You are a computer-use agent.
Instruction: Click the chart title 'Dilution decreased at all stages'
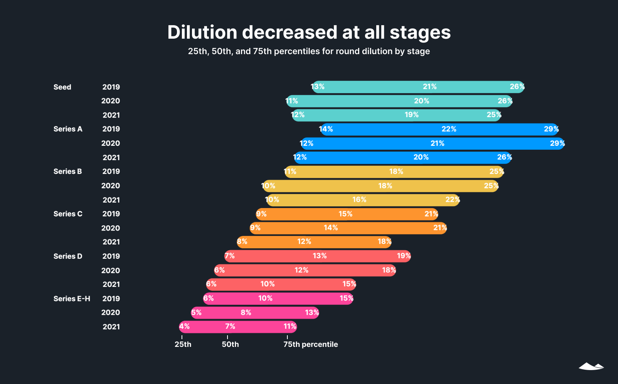click(309, 32)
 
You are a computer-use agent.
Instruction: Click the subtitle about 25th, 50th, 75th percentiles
click(309, 51)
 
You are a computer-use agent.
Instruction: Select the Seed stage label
click(62, 87)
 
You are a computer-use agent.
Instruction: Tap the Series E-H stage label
click(72, 299)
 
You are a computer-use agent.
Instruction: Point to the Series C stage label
click(68, 214)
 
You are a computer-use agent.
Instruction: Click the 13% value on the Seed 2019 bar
click(318, 87)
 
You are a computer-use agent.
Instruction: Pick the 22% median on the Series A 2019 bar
click(449, 129)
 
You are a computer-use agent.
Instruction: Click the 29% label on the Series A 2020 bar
click(557, 143)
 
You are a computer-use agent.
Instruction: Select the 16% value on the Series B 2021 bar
click(359, 200)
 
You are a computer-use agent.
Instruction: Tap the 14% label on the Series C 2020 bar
click(331, 228)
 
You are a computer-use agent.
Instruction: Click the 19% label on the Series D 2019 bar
click(404, 256)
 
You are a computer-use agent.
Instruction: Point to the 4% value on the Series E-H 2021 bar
click(184, 326)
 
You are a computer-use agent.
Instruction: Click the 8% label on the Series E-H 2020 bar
click(246, 312)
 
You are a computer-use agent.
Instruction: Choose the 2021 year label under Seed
click(111, 115)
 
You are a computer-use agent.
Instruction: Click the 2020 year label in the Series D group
click(110, 271)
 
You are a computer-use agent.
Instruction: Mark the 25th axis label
click(183, 345)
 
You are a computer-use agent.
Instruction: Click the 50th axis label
click(230, 345)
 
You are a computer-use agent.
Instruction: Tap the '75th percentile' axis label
click(311, 345)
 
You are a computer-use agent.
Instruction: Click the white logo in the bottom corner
click(591, 366)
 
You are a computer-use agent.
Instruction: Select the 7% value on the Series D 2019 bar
click(230, 256)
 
